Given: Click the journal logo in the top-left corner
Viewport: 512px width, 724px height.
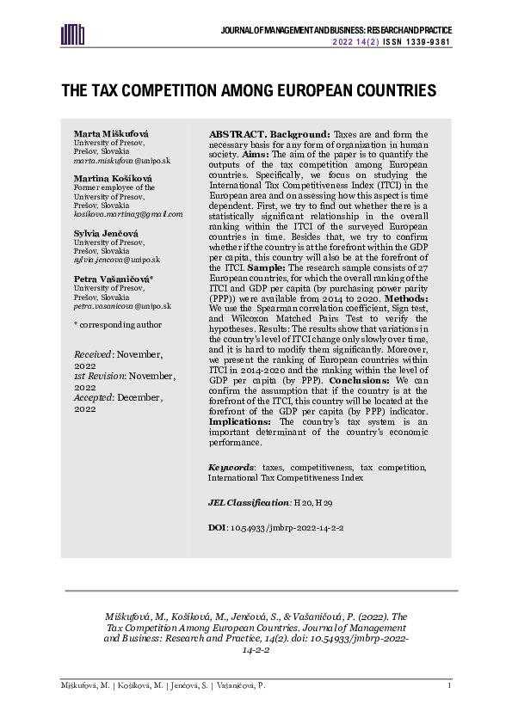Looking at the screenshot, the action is click(x=72, y=33).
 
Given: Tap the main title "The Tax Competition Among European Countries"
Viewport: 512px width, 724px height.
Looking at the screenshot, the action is click(x=249, y=90).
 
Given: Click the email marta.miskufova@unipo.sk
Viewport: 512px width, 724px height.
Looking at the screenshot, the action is click(x=122, y=161).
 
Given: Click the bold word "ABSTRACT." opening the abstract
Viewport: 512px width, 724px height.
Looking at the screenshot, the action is click(x=237, y=135).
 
